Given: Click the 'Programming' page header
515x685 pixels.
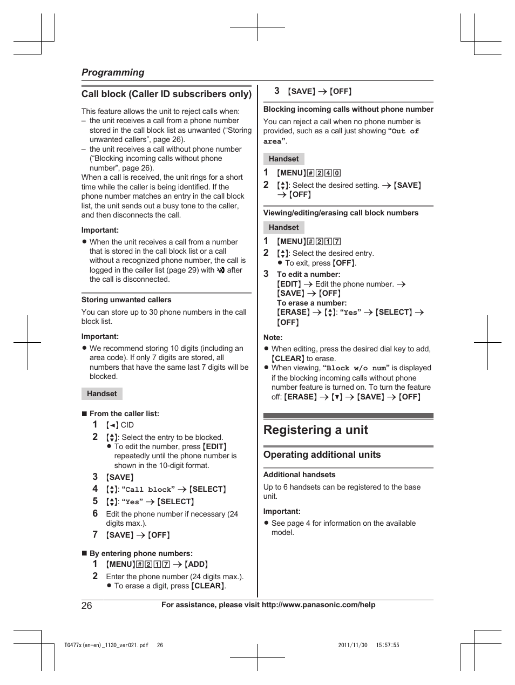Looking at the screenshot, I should point(113,72).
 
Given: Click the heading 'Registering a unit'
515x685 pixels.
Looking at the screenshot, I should point(315,430).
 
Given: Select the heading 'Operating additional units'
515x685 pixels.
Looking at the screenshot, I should point(322,455).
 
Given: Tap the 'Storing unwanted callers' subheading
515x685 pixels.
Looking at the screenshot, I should point(126,300).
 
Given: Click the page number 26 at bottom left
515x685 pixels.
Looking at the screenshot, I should point(87,605).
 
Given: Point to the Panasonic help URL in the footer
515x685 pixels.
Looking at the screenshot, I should point(318,605).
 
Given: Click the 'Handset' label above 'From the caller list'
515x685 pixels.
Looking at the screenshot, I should point(101,394).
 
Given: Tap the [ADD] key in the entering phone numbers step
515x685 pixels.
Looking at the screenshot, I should point(196,564).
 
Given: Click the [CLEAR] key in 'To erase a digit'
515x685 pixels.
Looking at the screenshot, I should point(208,586).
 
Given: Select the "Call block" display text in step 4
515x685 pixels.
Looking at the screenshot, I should point(148,490).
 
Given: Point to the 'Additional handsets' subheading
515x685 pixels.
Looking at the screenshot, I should point(299,474).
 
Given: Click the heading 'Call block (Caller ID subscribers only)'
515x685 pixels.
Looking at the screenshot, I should point(166,94).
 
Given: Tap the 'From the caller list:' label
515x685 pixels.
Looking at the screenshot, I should point(124,413).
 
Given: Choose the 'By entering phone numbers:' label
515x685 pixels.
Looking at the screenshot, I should point(141,553).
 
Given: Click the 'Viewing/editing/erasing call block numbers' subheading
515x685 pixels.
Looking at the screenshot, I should point(341,213).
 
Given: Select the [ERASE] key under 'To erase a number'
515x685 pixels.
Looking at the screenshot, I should point(293,312).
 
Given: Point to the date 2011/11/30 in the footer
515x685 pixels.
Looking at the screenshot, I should point(353,645).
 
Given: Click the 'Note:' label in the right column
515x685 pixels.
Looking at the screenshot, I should point(273,337).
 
